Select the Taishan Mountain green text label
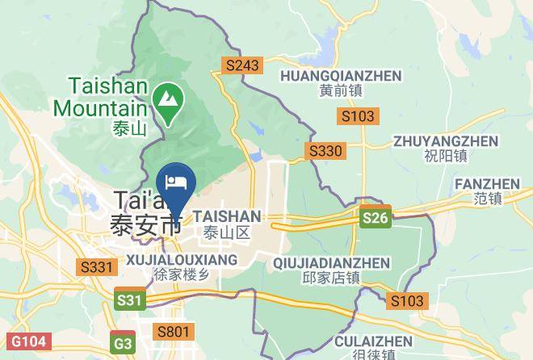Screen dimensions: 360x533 point(100,95)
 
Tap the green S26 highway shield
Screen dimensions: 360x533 point(374,218)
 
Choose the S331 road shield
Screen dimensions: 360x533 point(95,266)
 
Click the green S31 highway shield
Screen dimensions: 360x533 point(129,300)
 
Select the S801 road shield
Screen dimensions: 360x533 point(174,331)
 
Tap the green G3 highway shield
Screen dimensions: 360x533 point(124,342)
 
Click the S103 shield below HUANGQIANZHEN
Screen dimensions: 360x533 point(358,116)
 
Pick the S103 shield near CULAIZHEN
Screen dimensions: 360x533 point(405,301)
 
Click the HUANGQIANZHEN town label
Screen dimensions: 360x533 point(340,76)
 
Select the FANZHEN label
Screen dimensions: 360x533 point(489,184)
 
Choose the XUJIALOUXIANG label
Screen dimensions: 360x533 point(182,260)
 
